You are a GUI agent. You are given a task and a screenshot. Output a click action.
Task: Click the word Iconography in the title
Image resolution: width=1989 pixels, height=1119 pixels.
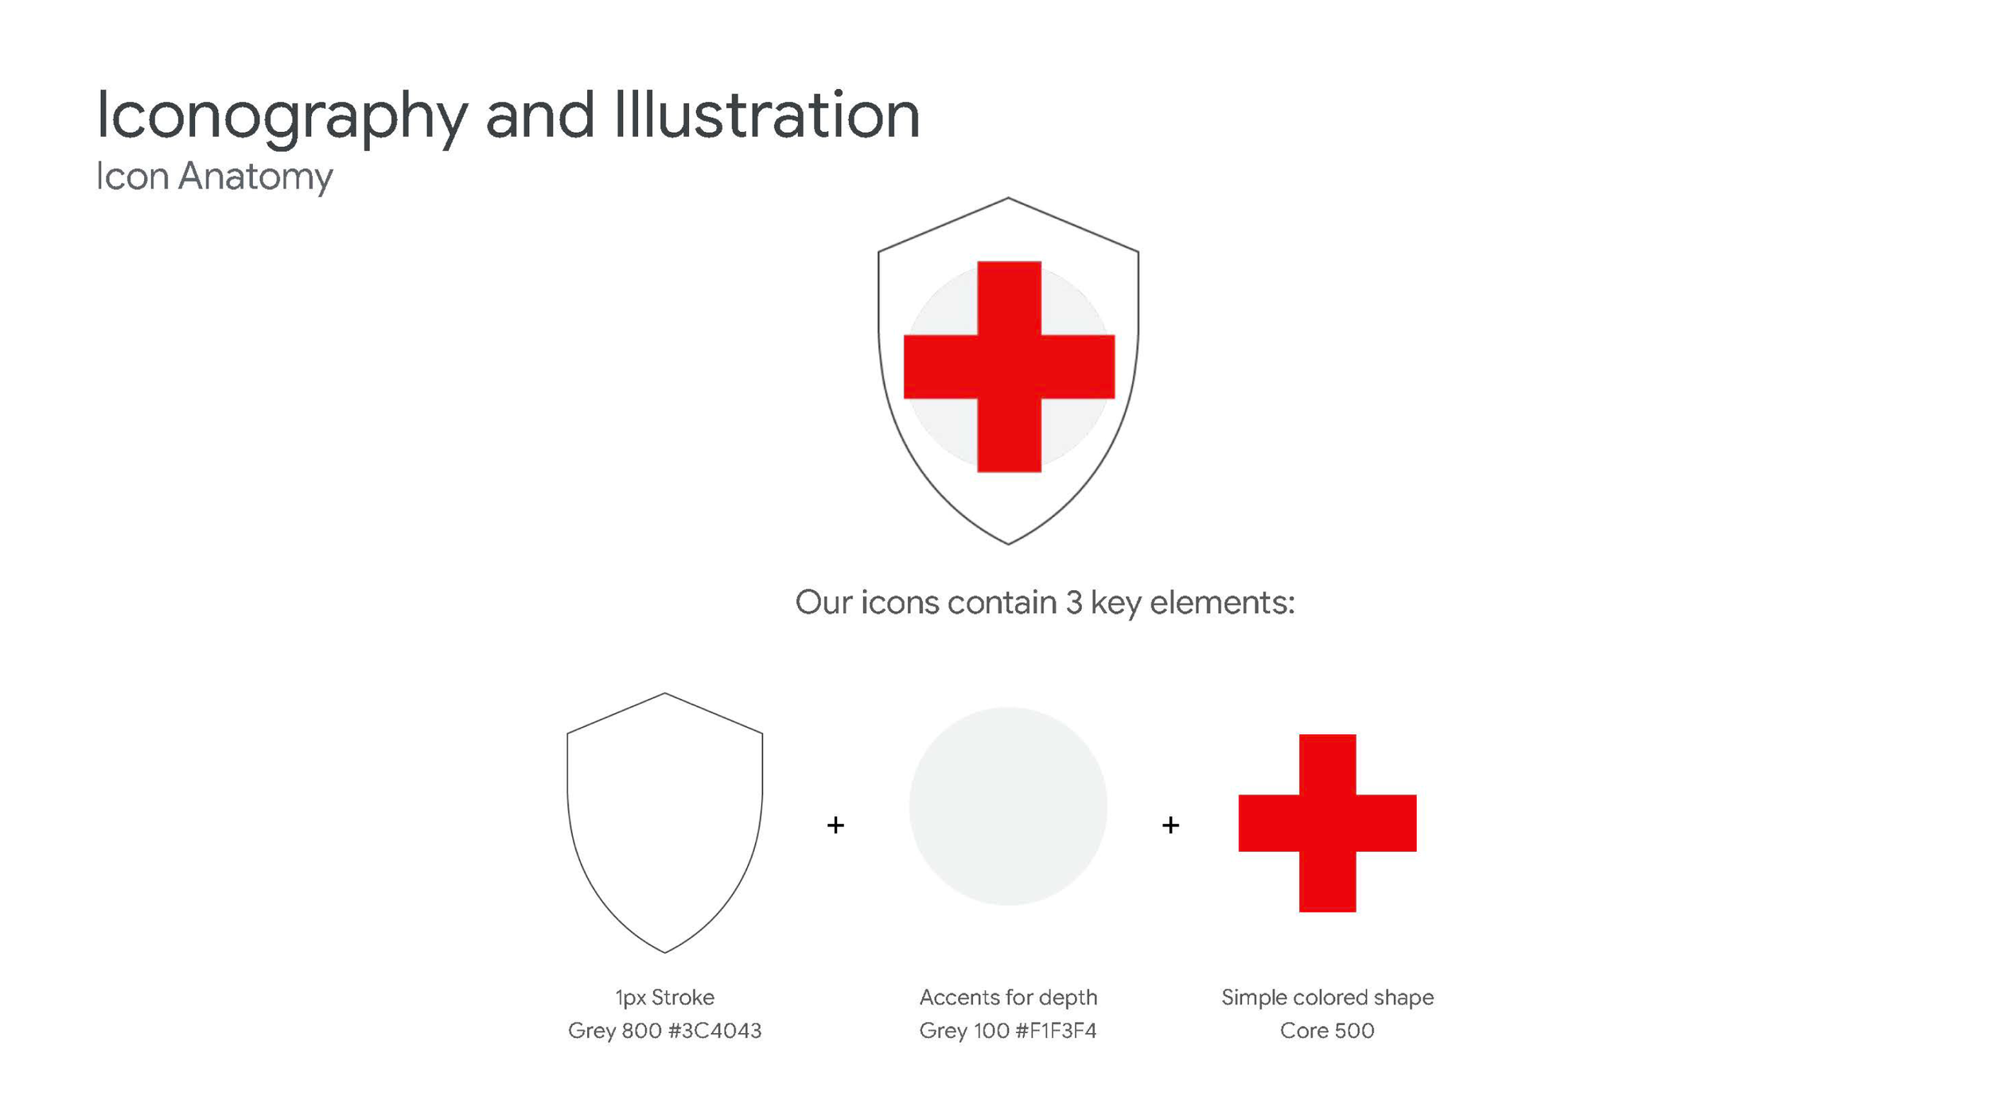282,116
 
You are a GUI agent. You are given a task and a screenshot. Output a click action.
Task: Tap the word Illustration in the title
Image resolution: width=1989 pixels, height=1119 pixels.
766,115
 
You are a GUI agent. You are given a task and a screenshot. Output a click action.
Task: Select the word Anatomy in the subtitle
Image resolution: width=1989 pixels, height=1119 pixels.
255,177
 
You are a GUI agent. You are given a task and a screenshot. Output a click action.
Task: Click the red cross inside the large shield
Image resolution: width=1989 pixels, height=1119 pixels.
1009,367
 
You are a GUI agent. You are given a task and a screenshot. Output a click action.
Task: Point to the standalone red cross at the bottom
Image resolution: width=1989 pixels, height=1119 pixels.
1327,823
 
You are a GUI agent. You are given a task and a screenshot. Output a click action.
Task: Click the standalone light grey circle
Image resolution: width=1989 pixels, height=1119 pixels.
1008,806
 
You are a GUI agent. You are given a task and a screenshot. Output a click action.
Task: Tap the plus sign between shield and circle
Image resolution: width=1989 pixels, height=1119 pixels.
835,825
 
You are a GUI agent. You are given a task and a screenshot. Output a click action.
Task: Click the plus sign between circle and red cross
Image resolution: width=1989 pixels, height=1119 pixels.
1170,825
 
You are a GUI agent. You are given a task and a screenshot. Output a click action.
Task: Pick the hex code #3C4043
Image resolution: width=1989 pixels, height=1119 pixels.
714,1031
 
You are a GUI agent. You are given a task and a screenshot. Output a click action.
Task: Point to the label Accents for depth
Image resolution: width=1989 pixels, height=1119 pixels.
1008,997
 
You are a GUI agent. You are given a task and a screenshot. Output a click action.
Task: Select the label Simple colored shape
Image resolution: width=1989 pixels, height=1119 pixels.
1327,997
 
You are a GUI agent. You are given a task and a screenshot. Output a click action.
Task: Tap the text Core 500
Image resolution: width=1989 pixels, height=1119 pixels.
1327,1031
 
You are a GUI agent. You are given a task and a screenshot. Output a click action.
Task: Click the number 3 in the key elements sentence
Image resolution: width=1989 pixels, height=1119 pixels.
1074,603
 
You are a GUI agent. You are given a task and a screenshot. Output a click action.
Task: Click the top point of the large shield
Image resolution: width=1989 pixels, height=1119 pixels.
1009,199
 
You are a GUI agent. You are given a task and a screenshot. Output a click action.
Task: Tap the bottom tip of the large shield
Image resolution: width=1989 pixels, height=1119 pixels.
1009,543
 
